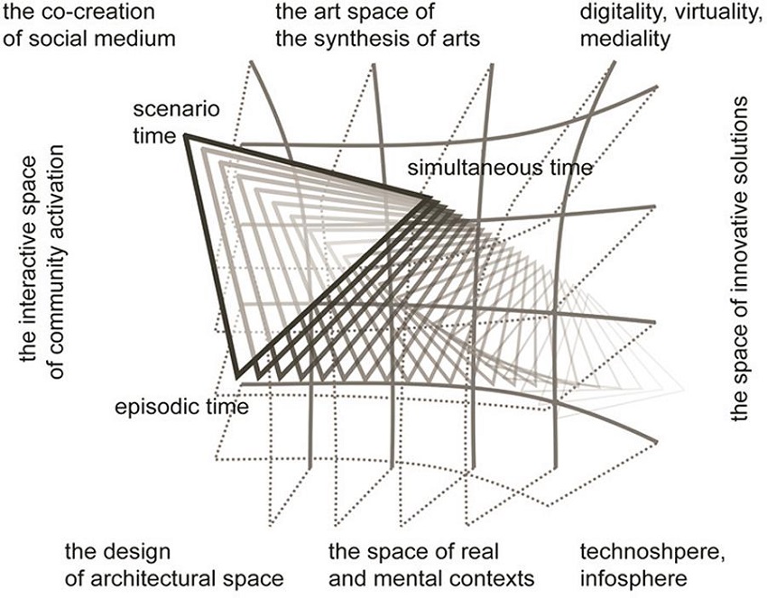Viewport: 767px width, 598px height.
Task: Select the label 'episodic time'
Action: [x=181, y=407]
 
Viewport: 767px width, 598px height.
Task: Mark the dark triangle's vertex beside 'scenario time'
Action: [x=186, y=136]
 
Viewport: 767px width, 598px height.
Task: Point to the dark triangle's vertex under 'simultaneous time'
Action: [x=430, y=198]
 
